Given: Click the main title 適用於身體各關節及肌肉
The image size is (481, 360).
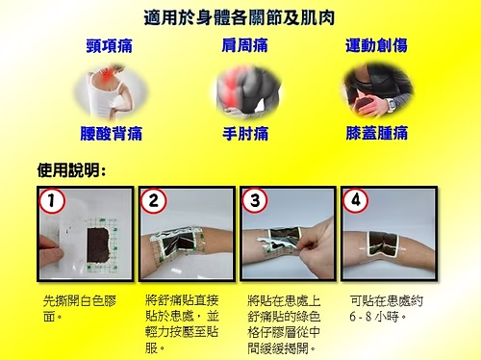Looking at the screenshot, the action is click(240, 17).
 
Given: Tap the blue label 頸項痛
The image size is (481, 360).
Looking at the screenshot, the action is click(110, 46).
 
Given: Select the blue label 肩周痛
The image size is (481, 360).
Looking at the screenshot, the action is click(244, 45).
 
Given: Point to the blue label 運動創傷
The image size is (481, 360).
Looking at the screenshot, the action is click(376, 45).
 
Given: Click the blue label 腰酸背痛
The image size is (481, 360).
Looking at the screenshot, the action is click(111, 134).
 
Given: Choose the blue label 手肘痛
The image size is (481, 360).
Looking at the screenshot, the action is click(245, 134).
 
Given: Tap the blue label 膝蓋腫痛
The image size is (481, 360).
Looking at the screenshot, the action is click(377, 133).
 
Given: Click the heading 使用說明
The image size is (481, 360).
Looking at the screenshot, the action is click(71, 170).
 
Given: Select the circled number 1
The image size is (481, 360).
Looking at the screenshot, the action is click(52, 201).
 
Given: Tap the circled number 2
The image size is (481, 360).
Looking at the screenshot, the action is click(154, 201).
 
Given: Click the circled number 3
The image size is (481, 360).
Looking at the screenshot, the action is click(255, 201).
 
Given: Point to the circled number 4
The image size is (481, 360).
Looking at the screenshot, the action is click(356, 201).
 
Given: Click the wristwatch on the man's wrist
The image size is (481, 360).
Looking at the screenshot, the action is click(391, 105).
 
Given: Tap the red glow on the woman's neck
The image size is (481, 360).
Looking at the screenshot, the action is click(106, 75).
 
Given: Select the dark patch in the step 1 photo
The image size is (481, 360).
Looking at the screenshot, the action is click(98, 245).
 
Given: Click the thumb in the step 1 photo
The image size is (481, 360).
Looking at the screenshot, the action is click(51, 251).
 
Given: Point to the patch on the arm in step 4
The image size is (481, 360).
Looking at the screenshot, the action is click(383, 244).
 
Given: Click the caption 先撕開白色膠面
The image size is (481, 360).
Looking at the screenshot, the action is click(80, 309).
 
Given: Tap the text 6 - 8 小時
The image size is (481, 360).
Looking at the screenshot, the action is click(378, 317).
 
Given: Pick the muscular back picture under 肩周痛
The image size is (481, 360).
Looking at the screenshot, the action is click(247, 91).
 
